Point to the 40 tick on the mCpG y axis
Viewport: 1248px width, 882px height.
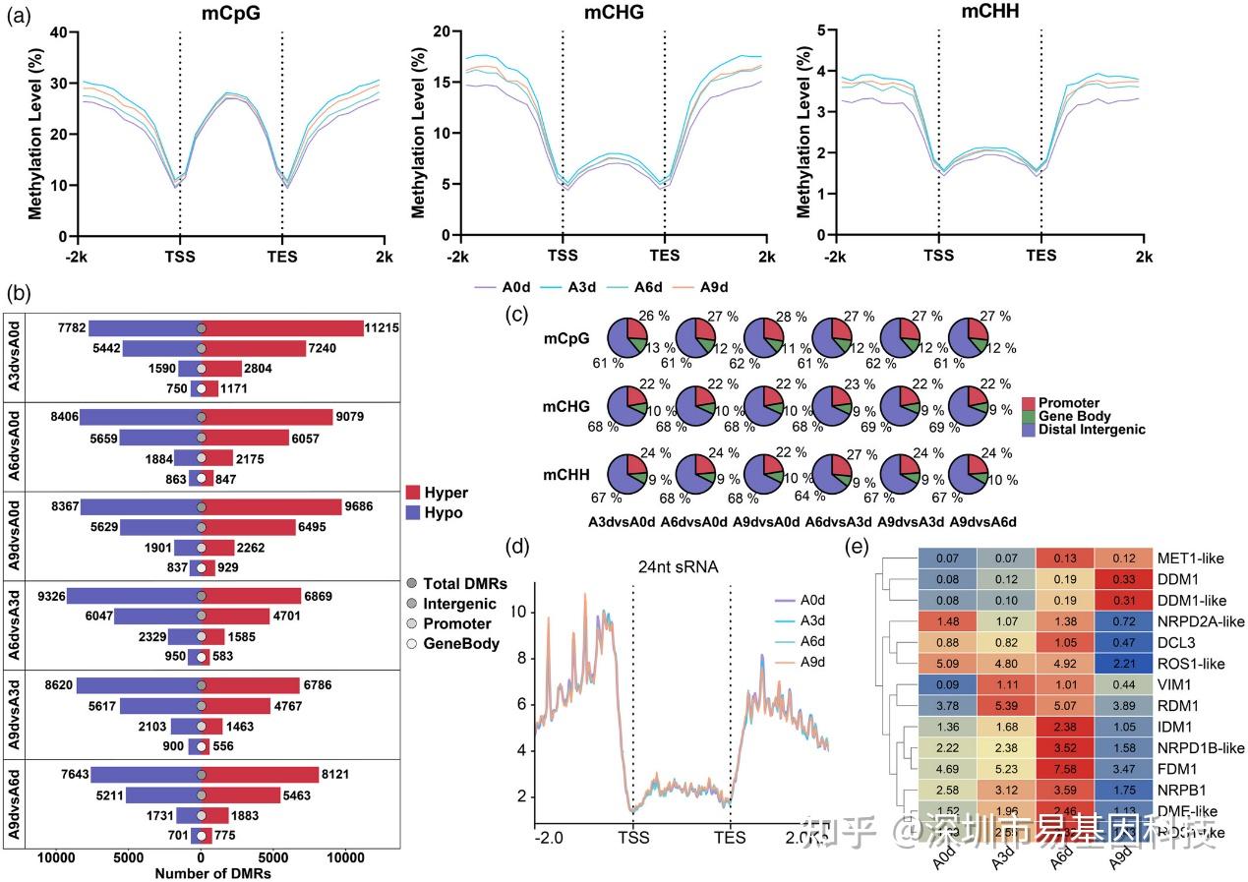tap(57, 32)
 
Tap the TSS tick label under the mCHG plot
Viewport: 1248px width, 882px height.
tap(563, 257)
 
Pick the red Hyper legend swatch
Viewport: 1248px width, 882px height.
tap(413, 493)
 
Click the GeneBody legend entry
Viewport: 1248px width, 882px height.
tap(461, 644)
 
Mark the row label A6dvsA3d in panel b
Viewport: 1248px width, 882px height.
tap(15, 623)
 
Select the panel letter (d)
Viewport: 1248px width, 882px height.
tap(514, 544)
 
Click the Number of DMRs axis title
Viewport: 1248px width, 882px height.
tap(213, 872)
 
